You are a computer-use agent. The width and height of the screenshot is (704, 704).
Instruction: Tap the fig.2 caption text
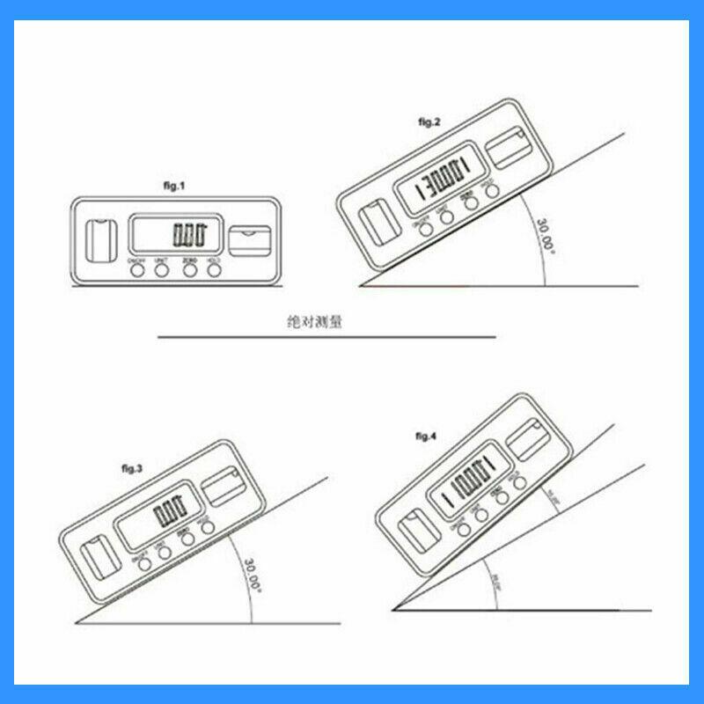[x=429, y=121]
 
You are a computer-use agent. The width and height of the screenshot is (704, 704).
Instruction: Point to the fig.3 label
[x=131, y=468]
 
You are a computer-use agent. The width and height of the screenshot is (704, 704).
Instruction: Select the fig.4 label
[x=426, y=436]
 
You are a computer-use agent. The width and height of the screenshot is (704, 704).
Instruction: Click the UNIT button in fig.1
[x=162, y=270]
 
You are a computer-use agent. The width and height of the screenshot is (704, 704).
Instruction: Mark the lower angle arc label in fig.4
[x=497, y=586]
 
